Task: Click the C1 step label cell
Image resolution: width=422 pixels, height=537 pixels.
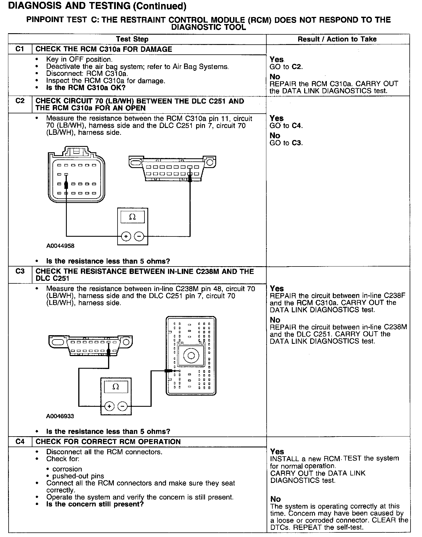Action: click(20, 49)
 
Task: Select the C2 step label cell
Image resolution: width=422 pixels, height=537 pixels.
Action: click(20, 101)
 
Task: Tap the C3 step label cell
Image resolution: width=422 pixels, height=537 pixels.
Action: click(20, 271)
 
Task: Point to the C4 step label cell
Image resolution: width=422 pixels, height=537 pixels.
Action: click(20, 441)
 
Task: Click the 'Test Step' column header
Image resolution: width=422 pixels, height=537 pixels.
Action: click(132, 39)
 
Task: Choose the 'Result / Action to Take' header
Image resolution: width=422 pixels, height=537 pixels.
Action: click(337, 39)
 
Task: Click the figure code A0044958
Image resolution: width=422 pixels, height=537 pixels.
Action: click(60, 246)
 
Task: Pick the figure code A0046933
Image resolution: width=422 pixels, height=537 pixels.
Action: click(60, 416)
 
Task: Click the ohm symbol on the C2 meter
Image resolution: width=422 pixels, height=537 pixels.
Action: click(132, 217)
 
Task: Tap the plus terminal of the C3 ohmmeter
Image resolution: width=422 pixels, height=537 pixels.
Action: click(109, 406)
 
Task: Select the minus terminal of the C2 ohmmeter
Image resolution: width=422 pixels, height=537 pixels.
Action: click(139, 236)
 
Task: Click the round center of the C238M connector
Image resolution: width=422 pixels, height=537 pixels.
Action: click(191, 356)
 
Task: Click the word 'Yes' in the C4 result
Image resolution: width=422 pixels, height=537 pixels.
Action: click(277, 451)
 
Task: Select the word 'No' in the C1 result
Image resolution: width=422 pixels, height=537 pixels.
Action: click(275, 77)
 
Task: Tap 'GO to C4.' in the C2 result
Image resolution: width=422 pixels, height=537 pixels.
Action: click(286, 126)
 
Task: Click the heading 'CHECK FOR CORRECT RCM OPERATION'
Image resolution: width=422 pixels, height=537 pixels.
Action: click(108, 442)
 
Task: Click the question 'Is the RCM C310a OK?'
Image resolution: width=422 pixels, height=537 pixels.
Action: click(86, 88)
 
